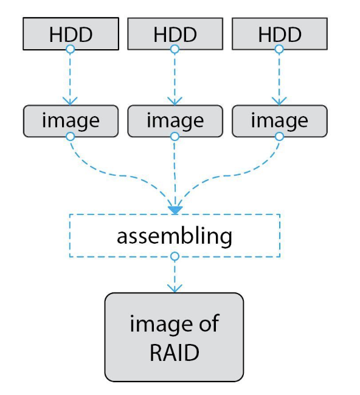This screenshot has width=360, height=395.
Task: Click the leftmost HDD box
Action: point(71,34)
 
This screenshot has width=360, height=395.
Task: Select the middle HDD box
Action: point(175,34)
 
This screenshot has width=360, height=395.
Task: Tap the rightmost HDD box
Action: point(280,34)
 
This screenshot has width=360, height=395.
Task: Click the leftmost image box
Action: point(71,121)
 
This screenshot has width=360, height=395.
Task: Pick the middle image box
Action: point(175,121)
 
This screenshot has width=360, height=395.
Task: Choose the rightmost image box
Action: point(280,121)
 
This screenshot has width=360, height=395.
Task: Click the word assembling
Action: point(175,237)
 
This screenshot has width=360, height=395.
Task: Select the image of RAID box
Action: point(174,337)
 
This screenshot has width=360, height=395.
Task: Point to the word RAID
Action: point(175,352)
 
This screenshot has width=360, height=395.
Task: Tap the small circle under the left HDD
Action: point(71,49)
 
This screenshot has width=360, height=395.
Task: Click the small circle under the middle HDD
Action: point(175,49)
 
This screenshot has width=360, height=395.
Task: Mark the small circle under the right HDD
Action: point(279,49)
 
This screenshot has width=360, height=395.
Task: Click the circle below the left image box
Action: point(71,137)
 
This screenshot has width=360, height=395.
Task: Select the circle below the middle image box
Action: point(175,137)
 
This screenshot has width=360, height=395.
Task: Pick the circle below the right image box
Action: point(279,137)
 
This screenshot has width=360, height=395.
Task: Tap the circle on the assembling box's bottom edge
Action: point(175,256)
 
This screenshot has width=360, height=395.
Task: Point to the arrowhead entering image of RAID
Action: point(175,289)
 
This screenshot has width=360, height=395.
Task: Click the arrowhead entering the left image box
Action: point(70,101)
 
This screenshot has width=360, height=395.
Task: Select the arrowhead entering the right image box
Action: point(279,101)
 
